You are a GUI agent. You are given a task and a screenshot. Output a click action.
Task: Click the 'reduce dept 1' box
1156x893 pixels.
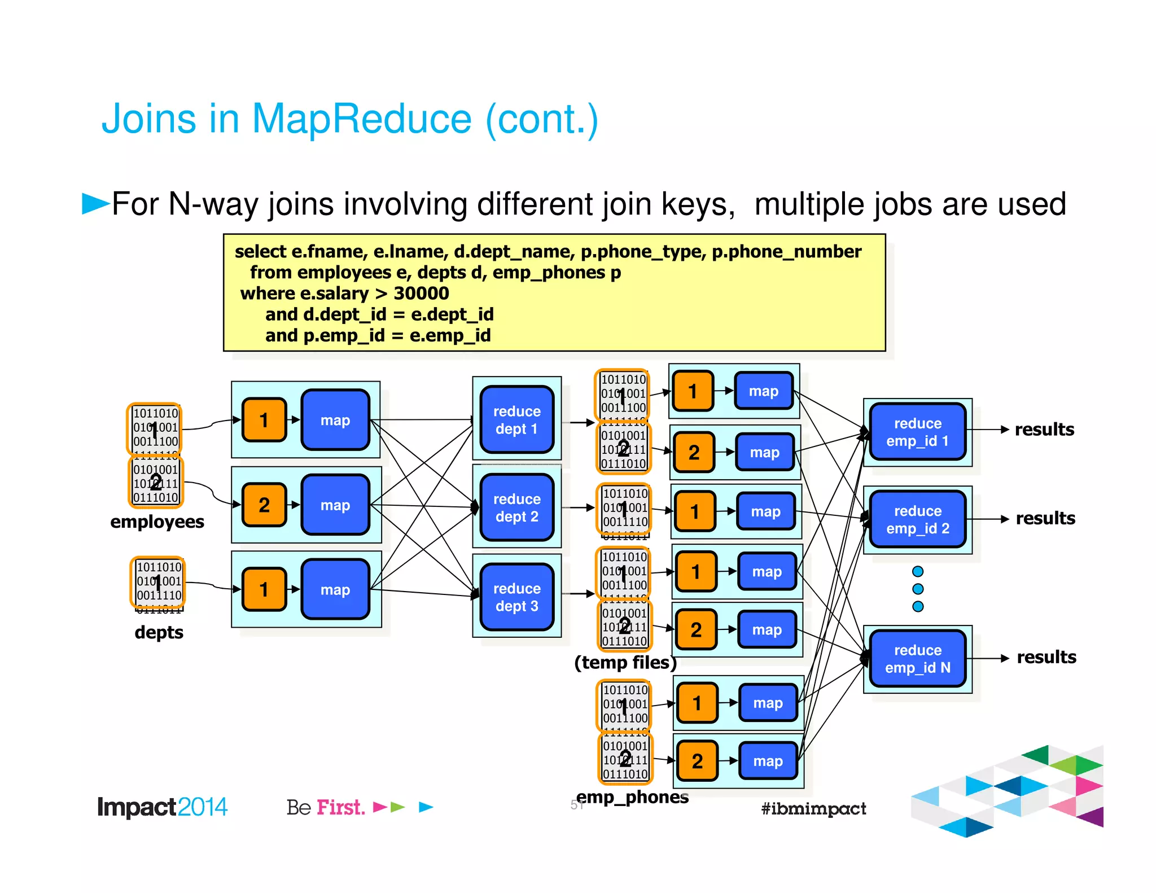516,420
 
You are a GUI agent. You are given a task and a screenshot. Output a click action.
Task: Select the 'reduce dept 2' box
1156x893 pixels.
516,507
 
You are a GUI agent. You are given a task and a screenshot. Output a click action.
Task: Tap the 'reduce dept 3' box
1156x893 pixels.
516,597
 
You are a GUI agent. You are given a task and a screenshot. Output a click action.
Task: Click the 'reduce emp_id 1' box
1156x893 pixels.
917,432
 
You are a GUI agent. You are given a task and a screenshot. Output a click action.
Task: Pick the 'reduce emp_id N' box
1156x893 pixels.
917,659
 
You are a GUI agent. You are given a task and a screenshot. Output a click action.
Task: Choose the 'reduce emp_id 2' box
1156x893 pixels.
917,519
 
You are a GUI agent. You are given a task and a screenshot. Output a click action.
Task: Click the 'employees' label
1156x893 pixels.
157,522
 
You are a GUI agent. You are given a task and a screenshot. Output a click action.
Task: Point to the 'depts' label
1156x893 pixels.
159,632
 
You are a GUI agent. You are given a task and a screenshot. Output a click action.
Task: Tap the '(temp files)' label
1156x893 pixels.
625,662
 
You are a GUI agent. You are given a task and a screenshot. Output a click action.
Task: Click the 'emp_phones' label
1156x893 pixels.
632,797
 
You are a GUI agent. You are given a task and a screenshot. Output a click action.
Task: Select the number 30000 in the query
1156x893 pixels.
421,294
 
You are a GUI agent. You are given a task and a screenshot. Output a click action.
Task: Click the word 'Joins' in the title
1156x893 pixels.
148,119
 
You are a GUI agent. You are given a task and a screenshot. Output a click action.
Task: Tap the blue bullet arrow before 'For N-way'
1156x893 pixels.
95,203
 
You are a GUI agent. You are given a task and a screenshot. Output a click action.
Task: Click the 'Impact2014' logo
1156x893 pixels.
162,807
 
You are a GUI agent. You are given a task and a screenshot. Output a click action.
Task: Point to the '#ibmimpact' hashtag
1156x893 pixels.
813,808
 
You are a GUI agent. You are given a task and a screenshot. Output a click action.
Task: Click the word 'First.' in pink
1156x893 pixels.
340,807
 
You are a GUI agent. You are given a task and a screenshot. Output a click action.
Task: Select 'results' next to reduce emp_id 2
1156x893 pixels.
1045,518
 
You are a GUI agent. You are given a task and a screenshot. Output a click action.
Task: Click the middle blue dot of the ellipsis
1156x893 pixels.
918,589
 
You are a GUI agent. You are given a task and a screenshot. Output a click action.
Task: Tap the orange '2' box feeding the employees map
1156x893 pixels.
264,505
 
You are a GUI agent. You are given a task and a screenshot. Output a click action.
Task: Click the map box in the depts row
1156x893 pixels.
335,590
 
